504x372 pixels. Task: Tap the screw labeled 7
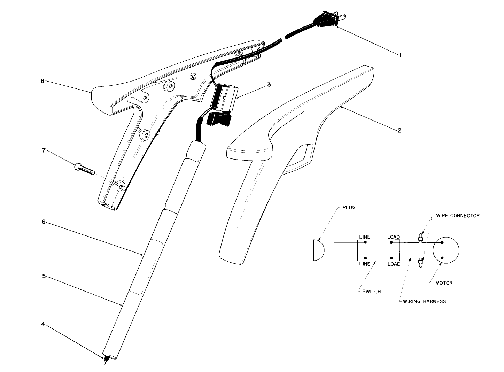(x=84, y=169)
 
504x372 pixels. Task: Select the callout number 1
(x=400, y=55)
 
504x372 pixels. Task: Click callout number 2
(x=400, y=130)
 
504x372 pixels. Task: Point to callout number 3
(x=269, y=84)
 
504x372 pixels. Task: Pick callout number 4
(x=43, y=324)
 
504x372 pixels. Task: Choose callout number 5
(x=44, y=276)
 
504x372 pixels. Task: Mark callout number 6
(x=44, y=222)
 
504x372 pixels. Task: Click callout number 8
(x=42, y=81)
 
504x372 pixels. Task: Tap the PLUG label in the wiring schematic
(x=349, y=208)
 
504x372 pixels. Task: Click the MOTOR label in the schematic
(x=444, y=283)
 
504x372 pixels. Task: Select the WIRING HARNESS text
(x=424, y=301)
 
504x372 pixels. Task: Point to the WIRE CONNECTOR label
(x=457, y=216)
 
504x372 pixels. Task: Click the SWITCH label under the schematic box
(x=371, y=292)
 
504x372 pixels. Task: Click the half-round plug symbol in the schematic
(x=318, y=250)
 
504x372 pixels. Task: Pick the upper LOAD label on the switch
(x=393, y=237)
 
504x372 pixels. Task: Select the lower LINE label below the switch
(x=365, y=264)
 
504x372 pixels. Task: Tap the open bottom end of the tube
(x=112, y=357)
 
